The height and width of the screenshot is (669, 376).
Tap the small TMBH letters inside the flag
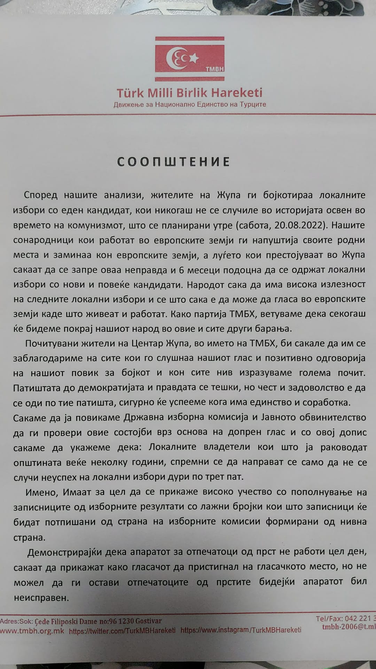pos(214,69)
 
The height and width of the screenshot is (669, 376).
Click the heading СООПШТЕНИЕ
pos(174,162)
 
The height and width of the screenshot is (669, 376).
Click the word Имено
pos(40,492)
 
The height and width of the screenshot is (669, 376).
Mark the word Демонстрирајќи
pos(64,552)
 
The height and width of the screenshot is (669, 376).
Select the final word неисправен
pos(41,598)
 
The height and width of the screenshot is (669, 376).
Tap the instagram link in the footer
pos(241,630)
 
